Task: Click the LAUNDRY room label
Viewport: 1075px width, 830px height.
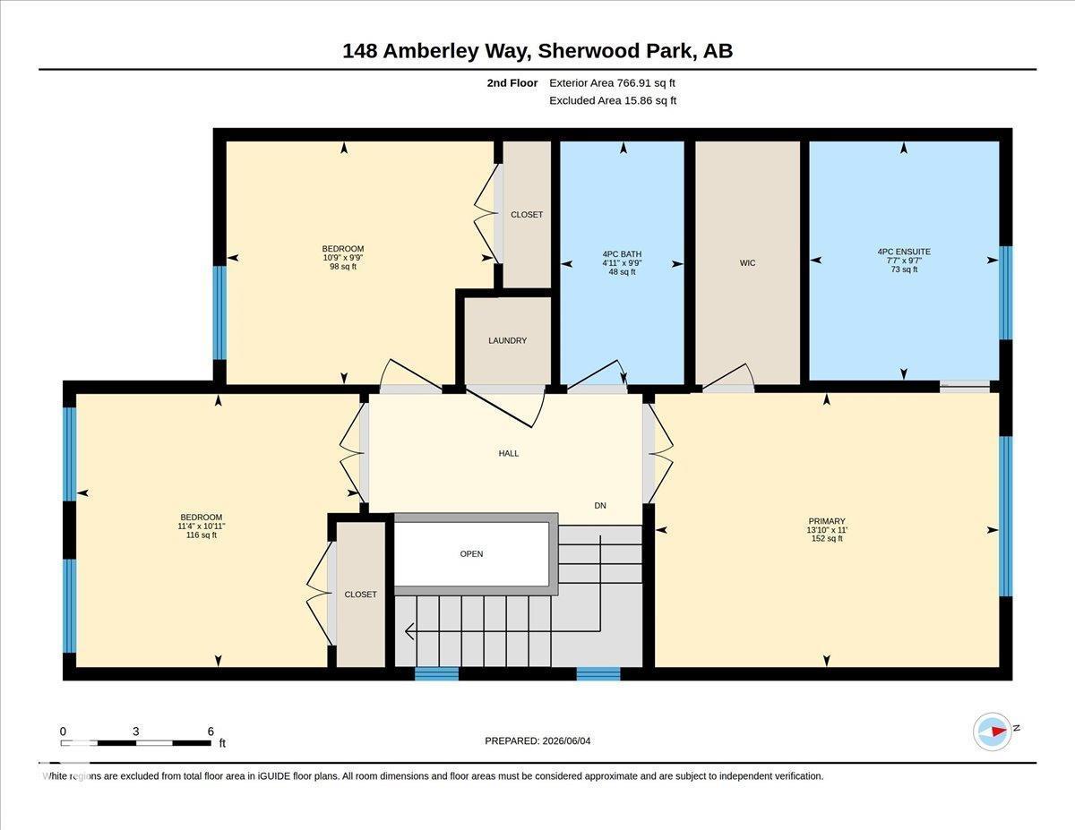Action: (x=507, y=340)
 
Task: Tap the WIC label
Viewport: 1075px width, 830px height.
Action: (x=747, y=263)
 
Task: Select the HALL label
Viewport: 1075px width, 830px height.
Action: (x=509, y=453)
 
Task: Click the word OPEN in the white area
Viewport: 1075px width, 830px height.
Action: (x=471, y=553)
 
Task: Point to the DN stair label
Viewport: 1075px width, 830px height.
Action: (x=600, y=505)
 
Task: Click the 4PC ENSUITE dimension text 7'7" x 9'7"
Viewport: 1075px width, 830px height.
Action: (x=904, y=261)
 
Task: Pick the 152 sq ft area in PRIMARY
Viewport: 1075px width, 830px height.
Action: (x=827, y=538)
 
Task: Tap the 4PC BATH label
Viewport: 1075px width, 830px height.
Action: (x=622, y=254)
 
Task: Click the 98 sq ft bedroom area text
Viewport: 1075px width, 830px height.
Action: (x=343, y=267)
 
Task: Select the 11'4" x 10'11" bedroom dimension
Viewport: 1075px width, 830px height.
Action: (x=202, y=526)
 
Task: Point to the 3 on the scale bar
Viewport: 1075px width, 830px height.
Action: (x=135, y=732)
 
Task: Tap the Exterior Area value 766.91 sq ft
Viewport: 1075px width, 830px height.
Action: (x=646, y=83)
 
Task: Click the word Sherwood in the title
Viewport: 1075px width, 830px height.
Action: (x=585, y=51)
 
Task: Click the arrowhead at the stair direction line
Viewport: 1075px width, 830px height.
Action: (x=409, y=631)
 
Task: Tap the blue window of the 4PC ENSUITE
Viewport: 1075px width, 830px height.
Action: (x=1005, y=293)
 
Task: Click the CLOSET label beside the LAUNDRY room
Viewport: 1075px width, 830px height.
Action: (x=527, y=215)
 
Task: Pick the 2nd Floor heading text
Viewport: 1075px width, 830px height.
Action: (x=512, y=83)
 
